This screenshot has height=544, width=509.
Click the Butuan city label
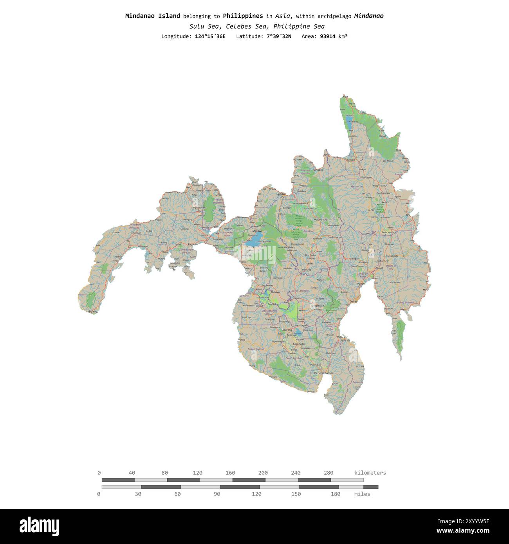350,160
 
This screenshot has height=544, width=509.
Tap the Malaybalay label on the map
320,220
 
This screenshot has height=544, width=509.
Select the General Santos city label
323,373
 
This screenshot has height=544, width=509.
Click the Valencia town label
317,238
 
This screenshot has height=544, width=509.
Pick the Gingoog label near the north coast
318,170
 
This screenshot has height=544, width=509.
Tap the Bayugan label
366,177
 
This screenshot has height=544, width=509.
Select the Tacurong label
286,330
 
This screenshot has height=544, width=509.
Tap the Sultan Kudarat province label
256,349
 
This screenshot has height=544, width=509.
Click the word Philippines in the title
243,16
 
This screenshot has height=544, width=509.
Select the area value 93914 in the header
328,36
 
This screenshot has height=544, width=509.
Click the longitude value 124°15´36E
210,36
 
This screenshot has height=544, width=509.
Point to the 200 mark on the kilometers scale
263,473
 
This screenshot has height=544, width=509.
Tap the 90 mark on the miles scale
217,494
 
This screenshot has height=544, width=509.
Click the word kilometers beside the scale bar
370,473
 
